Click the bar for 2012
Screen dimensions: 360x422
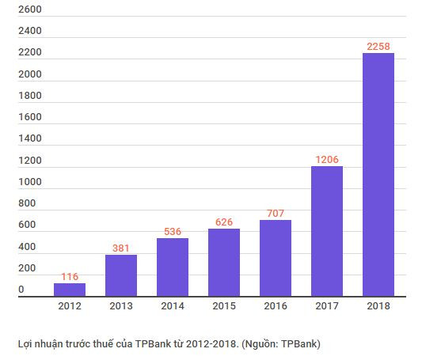pyautogui.click(x=70, y=290)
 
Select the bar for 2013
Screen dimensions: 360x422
pyautogui.click(x=121, y=275)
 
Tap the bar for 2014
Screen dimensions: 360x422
pyautogui.click(x=173, y=267)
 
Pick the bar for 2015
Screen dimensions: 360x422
pyautogui.click(x=224, y=262)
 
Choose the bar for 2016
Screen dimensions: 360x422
pyautogui.click(x=276, y=258)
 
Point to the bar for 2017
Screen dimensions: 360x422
pyautogui.click(x=327, y=231)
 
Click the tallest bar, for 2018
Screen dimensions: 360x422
pyautogui.click(x=378, y=174)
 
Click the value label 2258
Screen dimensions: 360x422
pyautogui.click(x=378, y=46)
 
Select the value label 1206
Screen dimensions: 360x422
pyautogui.click(x=327, y=159)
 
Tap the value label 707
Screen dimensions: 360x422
pyautogui.click(x=276, y=213)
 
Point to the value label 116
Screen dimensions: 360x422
pyautogui.click(x=70, y=276)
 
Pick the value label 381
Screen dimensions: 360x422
pyautogui.click(x=121, y=248)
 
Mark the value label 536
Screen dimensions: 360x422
pyautogui.click(x=173, y=231)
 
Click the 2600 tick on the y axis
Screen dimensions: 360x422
pyautogui.click(x=29, y=9)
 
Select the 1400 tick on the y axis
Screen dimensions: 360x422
pyautogui.click(x=29, y=138)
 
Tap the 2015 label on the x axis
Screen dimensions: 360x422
pyautogui.click(x=224, y=305)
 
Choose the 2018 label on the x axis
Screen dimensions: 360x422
pyautogui.click(x=378, y=305)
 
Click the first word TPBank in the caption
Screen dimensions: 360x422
pyautogui.click(x=150, y=343)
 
